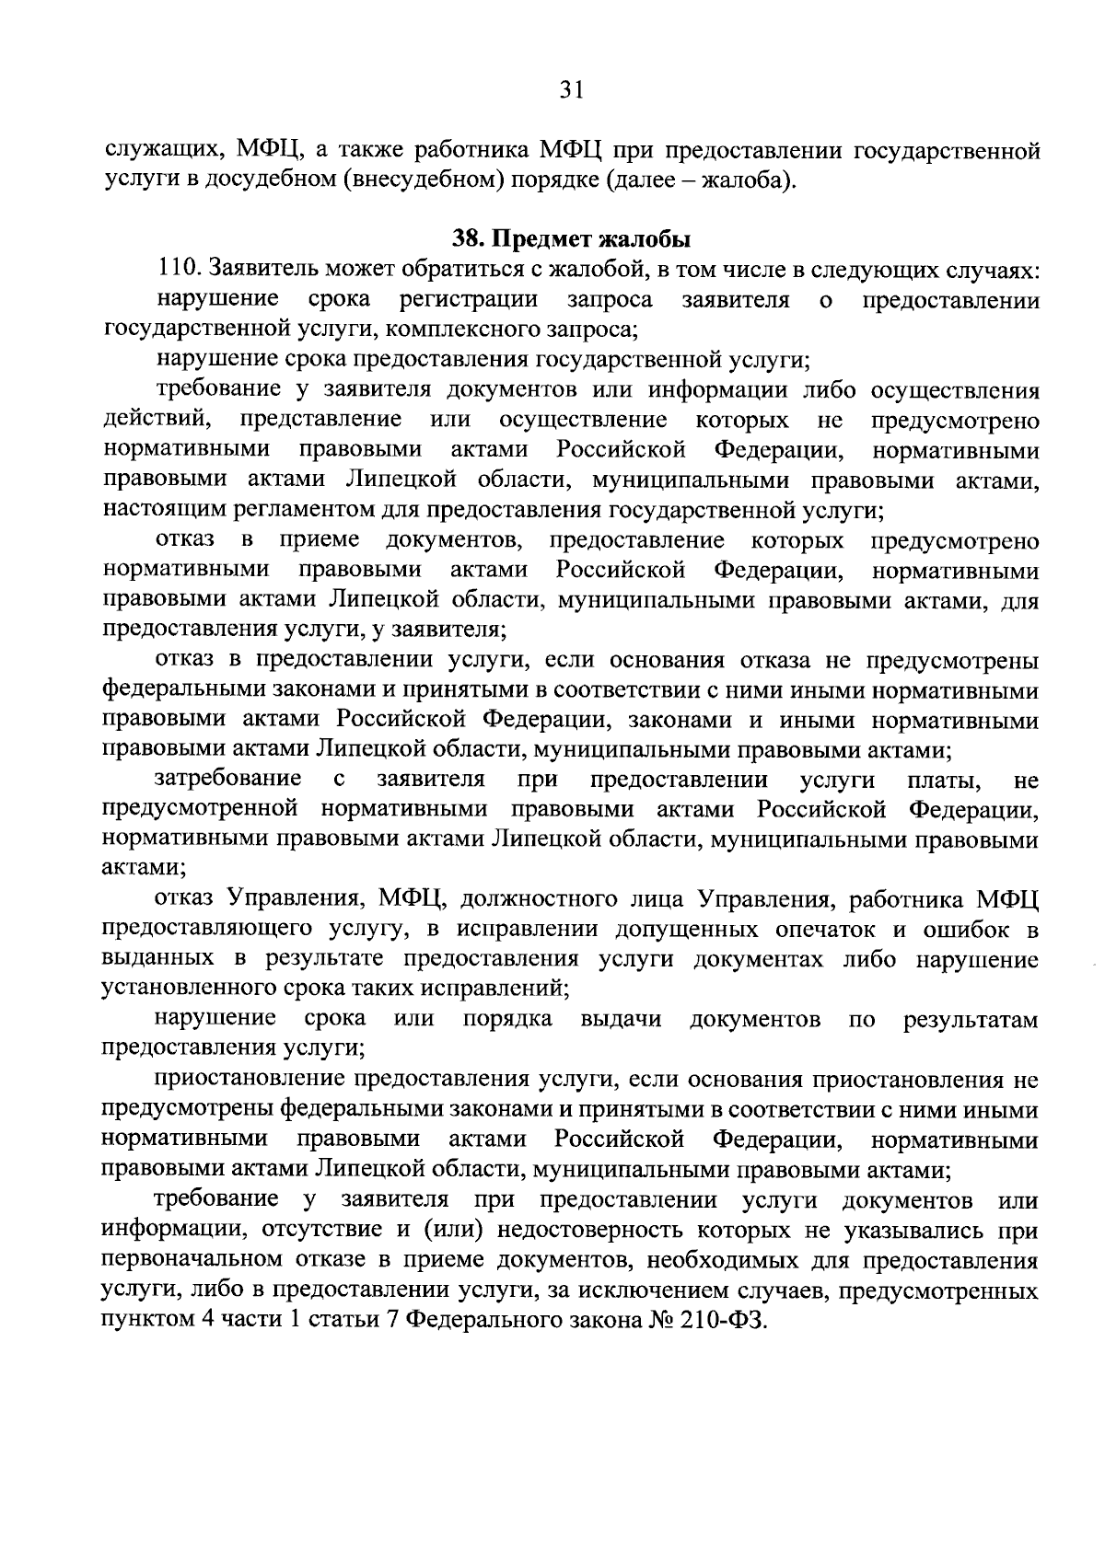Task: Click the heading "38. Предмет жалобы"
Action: pyautogui.click(x=571, y=240)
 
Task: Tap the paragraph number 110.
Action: pyautogui.click(x=180, y=271)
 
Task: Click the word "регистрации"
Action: pyautogui.click(x=470, y=300)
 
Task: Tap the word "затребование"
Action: pyautogui.click(x=227, y=780)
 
